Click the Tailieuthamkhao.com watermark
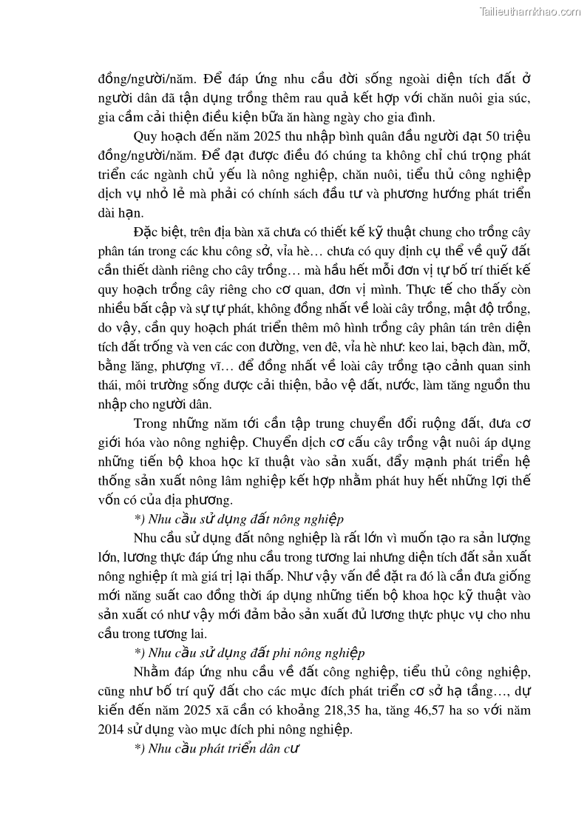[x=530, y=11]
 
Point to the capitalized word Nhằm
[x=152, y=671]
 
